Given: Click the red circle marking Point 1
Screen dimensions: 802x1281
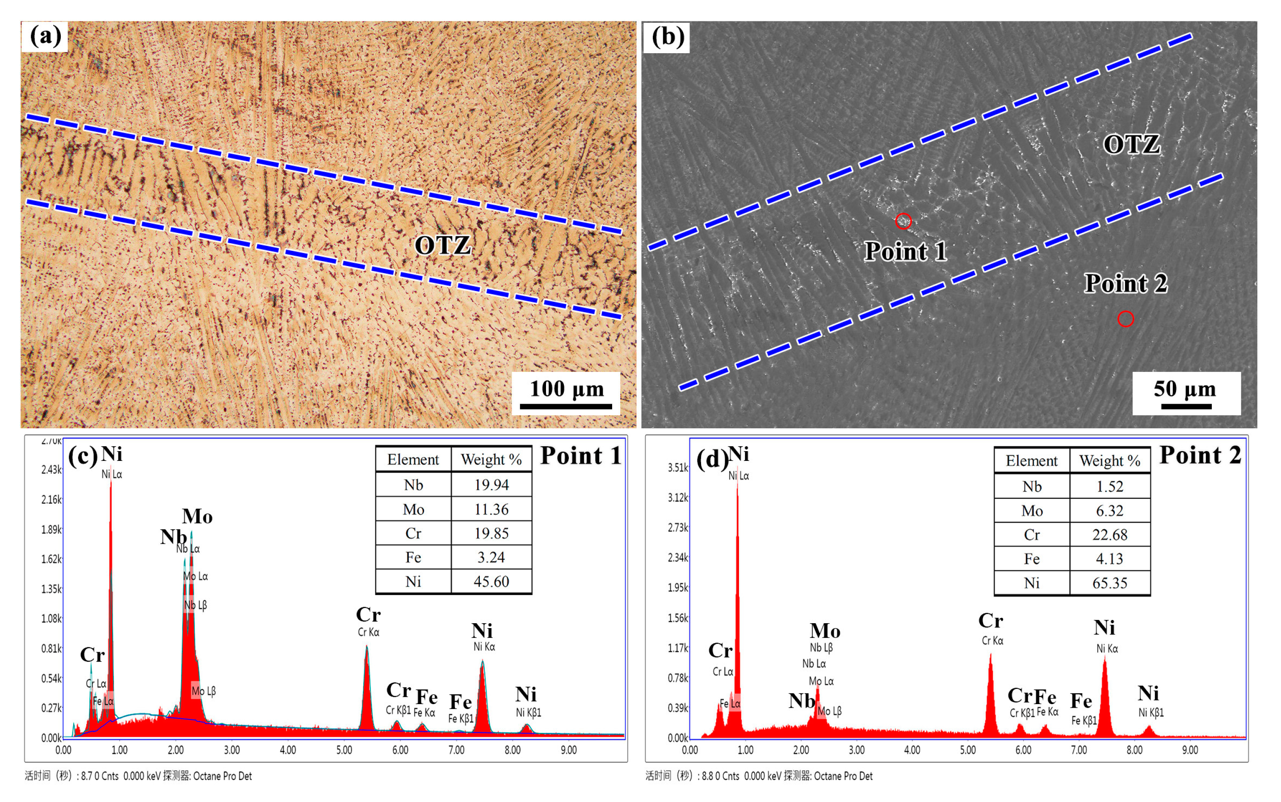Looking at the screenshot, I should [903, 221].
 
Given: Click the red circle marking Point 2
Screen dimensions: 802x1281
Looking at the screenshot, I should [1125, 319].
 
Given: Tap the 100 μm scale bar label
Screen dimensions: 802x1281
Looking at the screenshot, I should [567, 389].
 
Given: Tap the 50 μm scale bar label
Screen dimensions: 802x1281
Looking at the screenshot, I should [1184, 389].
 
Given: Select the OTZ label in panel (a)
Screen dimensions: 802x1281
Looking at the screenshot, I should [442, 245].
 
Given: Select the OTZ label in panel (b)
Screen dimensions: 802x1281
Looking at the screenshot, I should [1131, 144].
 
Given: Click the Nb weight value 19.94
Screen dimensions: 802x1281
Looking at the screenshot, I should [491, 485].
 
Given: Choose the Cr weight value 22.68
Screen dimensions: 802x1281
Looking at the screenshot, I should [1109, 535].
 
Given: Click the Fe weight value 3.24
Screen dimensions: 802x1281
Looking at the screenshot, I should [491, 557].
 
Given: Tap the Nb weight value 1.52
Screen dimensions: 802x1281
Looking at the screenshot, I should [1109, 486].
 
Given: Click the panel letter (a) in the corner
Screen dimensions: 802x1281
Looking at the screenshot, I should [45, 36].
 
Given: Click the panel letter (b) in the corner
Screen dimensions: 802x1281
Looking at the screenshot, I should [667, 36].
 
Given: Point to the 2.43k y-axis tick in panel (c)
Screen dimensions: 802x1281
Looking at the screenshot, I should [51, 469].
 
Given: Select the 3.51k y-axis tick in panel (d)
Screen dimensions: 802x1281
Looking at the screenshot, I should [677, 467].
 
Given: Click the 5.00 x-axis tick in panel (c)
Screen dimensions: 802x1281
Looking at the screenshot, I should [344, 750].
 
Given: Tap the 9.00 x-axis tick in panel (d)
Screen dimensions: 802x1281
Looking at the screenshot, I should [1190, 750].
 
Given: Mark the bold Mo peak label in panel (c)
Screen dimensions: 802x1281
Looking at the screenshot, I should [197, 516].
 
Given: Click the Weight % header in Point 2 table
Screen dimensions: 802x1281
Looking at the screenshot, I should [1109, 460].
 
